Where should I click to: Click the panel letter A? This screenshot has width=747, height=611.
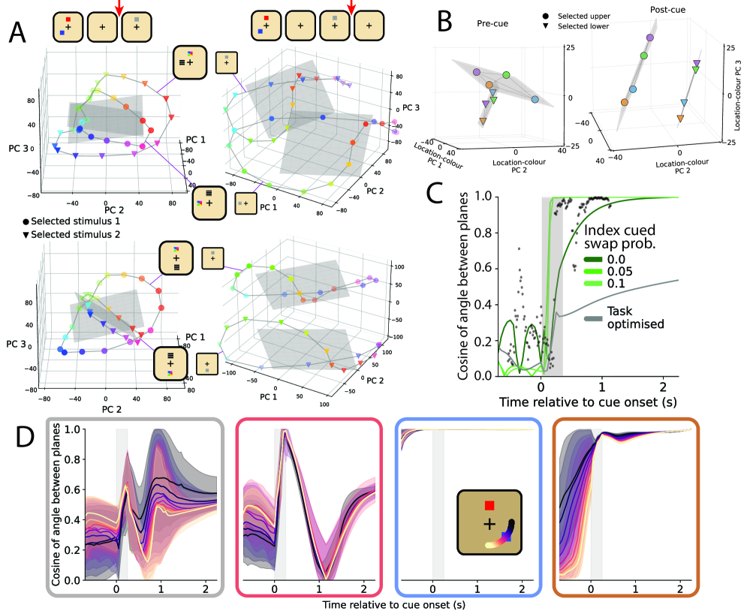tap(21, 33)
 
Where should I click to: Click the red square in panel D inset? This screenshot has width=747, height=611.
tap(489, 506)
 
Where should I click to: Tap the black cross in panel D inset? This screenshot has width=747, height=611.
tap(489, 523)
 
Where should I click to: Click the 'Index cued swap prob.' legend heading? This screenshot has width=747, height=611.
tap(629, 239)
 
